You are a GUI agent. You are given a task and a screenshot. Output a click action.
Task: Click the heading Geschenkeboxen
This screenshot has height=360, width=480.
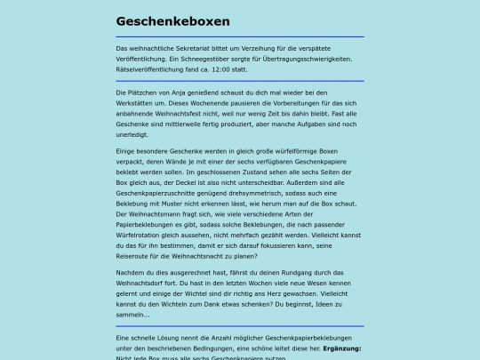[x=172, y=20]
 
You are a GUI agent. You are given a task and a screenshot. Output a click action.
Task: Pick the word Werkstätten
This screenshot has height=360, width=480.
[x=139, y=103]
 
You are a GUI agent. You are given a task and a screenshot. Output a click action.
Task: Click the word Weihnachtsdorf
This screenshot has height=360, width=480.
[x=145, y=284]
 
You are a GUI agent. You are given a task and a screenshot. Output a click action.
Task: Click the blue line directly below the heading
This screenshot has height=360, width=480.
[x=240, y=36]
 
